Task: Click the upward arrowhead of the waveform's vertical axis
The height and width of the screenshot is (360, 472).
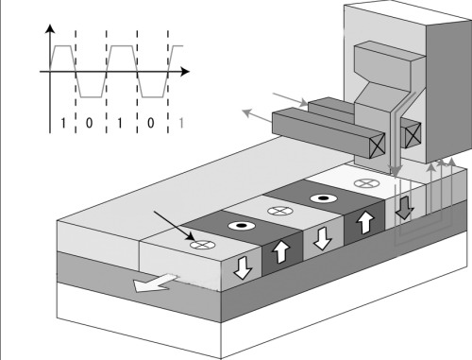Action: (x=50, y=28)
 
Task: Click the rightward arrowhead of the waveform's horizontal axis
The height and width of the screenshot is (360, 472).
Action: (x=185, y=72)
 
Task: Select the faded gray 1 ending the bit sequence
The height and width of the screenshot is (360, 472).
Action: (x=181, y=123)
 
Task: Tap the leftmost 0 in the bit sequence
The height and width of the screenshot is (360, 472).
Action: (x=90, y=123)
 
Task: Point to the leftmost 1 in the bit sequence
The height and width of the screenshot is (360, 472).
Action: (x=63, y=123)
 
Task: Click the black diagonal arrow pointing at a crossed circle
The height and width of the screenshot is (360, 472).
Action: (x=175, y=226)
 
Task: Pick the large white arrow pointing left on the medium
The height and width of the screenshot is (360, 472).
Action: (x=155, y=283)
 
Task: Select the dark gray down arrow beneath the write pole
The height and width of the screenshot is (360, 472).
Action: (x=405, y=208)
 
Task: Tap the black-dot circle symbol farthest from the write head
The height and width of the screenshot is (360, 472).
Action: (x=242, y=226)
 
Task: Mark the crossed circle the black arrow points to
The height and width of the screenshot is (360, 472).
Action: (x=203, y=245)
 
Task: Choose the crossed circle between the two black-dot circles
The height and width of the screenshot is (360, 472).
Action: (x=280, y=211)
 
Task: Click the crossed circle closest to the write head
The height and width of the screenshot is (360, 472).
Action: (x=367, y=182)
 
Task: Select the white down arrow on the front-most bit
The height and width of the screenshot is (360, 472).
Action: (x=244, y=267)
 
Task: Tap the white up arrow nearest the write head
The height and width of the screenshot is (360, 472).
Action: (x=365, y=222)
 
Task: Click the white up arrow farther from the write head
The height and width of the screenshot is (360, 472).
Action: (x=281, y=251)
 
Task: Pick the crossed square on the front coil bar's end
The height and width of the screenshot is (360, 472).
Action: (x=377, y=146)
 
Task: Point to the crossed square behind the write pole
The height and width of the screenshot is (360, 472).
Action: (x=413, y=135)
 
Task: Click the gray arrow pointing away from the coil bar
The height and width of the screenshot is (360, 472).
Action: (x=258, y=115)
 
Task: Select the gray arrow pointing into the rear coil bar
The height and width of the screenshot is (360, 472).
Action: (x=290, y=99)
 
